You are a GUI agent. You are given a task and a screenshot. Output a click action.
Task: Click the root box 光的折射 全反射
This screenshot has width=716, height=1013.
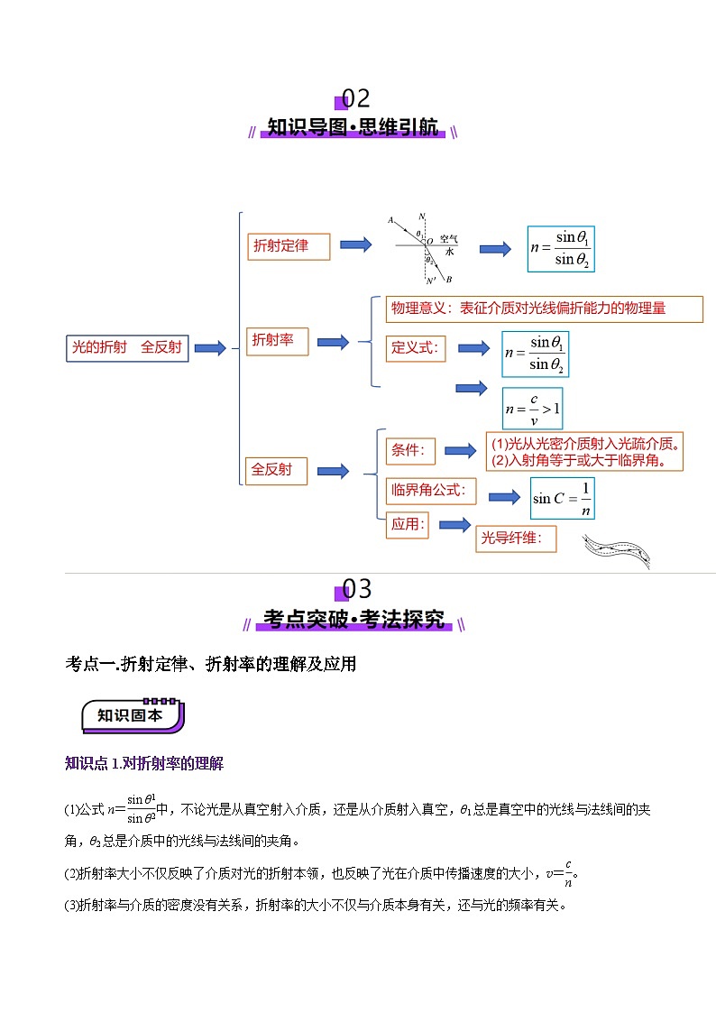[x=127, y=348]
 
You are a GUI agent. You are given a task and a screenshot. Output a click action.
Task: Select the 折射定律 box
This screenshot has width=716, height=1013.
[x=289, y=246]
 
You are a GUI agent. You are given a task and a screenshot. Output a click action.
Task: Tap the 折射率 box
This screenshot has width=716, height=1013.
[x=276, y=341]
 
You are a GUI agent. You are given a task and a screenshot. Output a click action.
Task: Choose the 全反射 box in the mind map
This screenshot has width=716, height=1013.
[x=276, y=471]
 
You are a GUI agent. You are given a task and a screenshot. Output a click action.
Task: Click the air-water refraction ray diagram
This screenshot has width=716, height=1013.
[x=424, y=246]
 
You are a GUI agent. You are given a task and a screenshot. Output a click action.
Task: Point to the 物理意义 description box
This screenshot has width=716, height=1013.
[x=544, y=309]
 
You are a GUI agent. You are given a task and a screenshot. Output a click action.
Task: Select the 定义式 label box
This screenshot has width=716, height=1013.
[x=416, y=347]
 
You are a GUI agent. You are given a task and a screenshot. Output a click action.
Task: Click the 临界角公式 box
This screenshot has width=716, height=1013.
[x=430, y=491]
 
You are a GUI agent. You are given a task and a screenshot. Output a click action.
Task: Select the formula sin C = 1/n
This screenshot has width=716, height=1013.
[x=561, y=498]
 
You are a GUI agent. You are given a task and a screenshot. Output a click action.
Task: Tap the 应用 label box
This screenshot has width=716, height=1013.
[x=407, y=525]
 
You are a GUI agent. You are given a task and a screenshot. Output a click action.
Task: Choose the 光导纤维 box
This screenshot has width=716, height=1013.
[x=516, y=539]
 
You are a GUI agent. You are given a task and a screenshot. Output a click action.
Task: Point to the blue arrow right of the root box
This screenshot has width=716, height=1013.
[x=210, y=348]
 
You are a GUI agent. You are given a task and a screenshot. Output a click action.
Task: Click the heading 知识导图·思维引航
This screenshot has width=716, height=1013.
[x=353, y=128]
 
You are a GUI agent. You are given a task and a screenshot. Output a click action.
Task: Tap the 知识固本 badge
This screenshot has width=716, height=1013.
[x=132, y=715]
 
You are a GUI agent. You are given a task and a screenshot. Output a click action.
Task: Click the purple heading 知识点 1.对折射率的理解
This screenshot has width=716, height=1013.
[x=144, y=764]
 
